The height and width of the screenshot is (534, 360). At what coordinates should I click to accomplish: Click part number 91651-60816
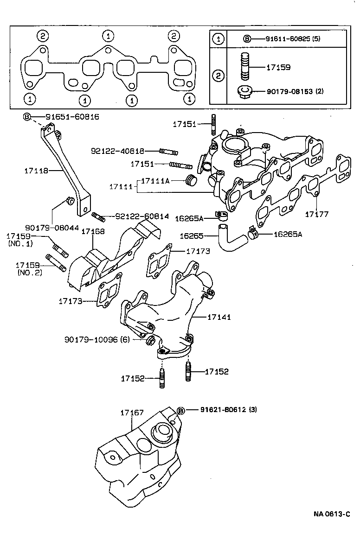[x=72, y=117]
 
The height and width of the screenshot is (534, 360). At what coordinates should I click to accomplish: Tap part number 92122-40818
[x=117, y=151]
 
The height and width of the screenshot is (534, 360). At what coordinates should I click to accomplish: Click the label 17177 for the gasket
[x=316, y=214]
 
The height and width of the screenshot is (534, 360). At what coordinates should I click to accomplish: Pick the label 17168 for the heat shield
[x=93, y=231]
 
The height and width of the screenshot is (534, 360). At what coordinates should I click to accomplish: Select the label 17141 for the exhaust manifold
[x=219, y=317]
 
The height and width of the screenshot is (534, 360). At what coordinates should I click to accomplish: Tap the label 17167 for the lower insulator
[x=132, y=412]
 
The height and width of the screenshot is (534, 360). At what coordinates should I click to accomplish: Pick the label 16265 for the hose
[x=192, y=236]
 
